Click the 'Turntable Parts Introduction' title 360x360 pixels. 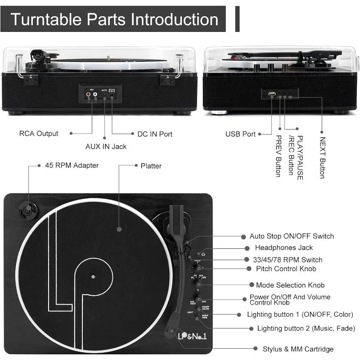click(114, 19)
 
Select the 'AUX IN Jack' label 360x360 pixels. click(106, 146)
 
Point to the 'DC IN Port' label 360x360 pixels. click(155, 134)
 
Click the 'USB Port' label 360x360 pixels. click(240, 134)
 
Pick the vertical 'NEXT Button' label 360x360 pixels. click(322, 157)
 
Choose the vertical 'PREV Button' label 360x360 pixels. click(278, 156)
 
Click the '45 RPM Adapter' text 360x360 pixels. click(72, 165)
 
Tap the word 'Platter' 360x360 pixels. click(151, 166)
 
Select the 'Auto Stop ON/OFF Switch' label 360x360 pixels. click(292, 236)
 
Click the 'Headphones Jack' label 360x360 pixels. click(283, 247)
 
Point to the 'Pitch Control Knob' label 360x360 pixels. click(286, 269)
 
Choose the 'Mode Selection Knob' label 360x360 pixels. click(290, 285)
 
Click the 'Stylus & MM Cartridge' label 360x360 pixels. click(298, 349)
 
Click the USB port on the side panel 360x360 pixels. click(271, 94)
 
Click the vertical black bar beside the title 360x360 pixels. click(238, 19)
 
